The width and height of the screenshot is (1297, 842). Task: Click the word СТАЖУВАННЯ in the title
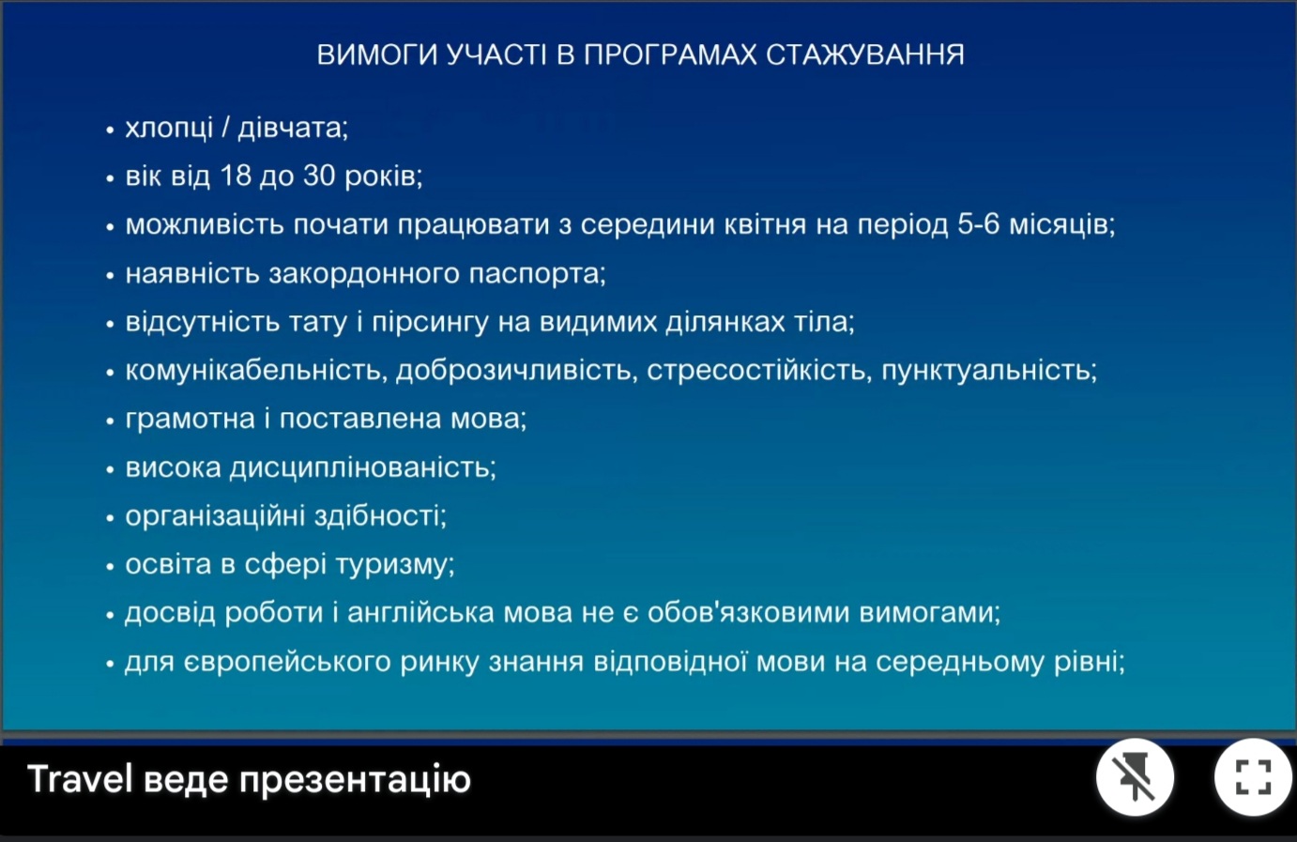coord(865,55)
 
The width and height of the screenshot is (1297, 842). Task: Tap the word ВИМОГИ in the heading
coord(376,55)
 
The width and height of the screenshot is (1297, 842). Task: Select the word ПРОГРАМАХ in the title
coord(670,55)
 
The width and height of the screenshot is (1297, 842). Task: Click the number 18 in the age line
coord(235,176)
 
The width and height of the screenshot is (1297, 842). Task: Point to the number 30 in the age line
coord(319,176)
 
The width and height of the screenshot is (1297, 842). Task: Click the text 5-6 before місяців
coord(978,224)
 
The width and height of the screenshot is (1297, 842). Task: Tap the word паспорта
coord(537,274)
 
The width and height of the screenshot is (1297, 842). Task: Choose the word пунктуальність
coord(989,371)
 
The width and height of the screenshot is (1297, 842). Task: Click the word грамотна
coord(190,420)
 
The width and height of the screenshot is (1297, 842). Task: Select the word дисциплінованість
coord(362,467)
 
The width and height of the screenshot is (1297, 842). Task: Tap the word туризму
coord(395,564)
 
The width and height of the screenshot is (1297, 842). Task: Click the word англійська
coord(420,613)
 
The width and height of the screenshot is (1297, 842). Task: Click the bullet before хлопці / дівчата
coord(110,130)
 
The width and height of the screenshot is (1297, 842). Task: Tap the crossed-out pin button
coord(1135,777)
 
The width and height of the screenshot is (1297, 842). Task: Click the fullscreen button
coord(1253,777)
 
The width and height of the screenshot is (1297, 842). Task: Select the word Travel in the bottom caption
coord(80,778)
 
